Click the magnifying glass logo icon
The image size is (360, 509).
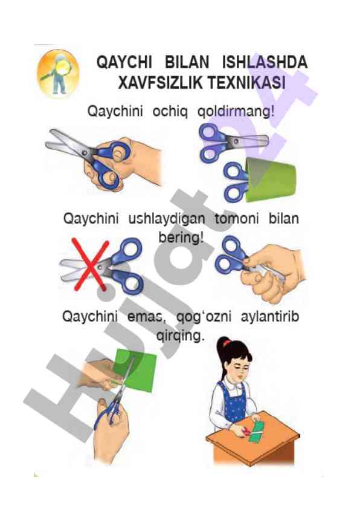[59, 73]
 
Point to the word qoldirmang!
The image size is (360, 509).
[236, 112]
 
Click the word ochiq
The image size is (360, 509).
[170, 112]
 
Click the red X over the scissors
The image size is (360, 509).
[90, 264]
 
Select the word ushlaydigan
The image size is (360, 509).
[167, 219]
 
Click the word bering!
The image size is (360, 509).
[181, 238]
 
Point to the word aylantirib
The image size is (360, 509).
[270, 317]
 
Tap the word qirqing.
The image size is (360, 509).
[181, 336]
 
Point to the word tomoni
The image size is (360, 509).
[237, 219]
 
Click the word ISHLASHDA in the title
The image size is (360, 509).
[265, 62]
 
